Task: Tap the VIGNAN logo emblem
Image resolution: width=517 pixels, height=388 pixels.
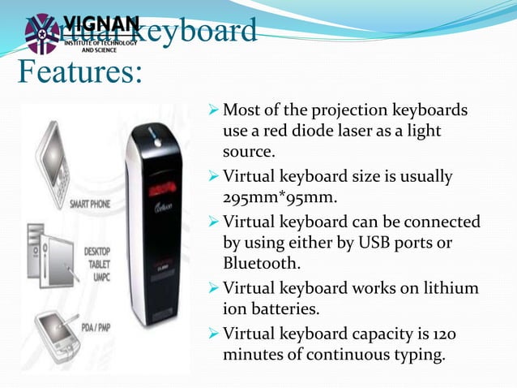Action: click(x=41, y=33)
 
